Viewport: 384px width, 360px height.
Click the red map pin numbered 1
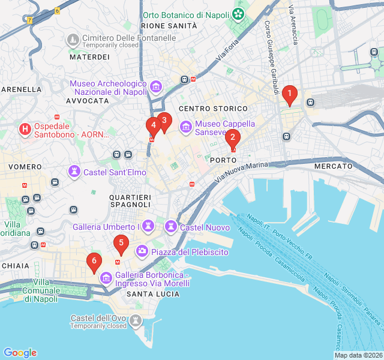click(x=290, y=94)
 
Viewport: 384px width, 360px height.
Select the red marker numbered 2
click(x=232, y=137)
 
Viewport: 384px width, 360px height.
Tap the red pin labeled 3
click(x=164, y=120)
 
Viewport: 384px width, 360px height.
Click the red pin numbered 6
click(x=94, y=261)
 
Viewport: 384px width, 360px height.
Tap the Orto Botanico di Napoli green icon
click(x=239, y=14)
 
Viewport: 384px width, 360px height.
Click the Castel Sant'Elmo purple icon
click(x=74, y=172)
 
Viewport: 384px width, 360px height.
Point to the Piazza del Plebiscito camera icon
click(x=142, y=250)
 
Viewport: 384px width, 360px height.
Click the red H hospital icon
click(x=25, y=129)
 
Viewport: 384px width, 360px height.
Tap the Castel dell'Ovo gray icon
click(x=136, y=322)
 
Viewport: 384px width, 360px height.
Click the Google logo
click(x=20, y=353)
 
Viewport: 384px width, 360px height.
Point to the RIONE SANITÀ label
click(x=169, y=26)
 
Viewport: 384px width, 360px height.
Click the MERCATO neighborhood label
click(x=333, y=166)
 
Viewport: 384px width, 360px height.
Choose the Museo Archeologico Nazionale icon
click(x=156, y=88)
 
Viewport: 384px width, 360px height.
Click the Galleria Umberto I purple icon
click(x=149, y=227)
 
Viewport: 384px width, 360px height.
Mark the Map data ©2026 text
click(x=358, y=355)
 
